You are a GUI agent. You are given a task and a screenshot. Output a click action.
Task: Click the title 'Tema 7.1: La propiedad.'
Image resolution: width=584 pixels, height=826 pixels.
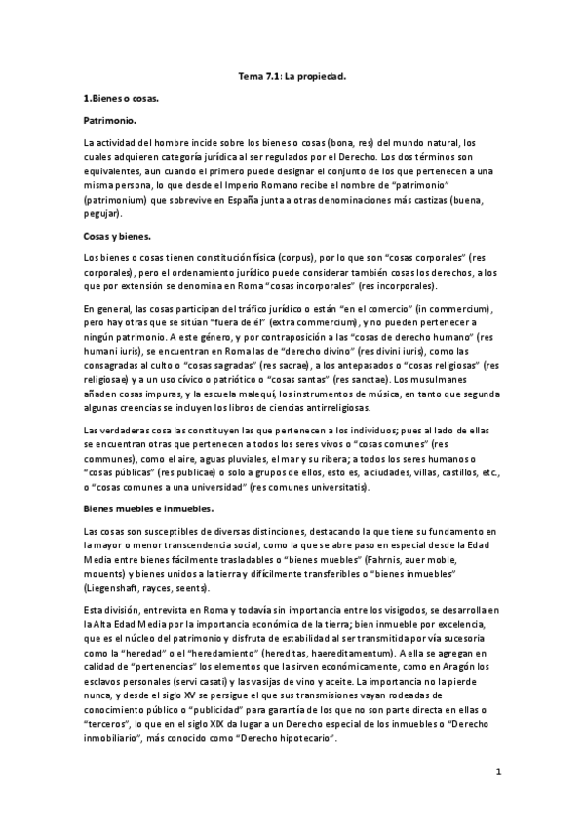292,75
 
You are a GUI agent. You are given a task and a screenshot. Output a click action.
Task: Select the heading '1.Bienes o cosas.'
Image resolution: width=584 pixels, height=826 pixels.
122,99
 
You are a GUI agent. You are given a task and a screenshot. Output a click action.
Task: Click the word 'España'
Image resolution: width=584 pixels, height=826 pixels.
267,200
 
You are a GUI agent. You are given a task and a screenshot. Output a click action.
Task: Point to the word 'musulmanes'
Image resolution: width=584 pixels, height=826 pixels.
450,378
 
